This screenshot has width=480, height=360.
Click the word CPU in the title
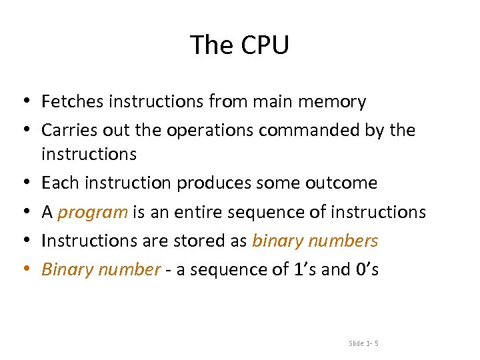[264, 45]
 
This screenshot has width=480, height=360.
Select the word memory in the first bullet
[333, 101]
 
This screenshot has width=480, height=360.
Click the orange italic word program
[93, 213]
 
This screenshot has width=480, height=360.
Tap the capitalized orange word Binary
[65, 269]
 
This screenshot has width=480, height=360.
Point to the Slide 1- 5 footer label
[363, 343]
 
